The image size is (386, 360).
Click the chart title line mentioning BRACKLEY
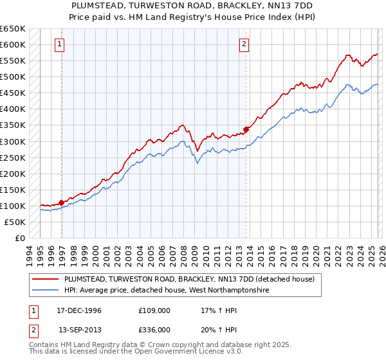click(x=193, y=5)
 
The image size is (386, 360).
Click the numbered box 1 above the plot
click(x=59, y=44)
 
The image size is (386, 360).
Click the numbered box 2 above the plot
click(x=244, y=44)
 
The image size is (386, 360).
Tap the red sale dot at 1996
click(x=62, y=203)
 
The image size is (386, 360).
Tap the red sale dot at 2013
click(x=246, y=129)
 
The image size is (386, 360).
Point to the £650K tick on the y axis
click(x=13, y=29)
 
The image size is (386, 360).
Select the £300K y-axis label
click(x=13, y=141)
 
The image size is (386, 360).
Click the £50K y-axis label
click(x=15, y=222)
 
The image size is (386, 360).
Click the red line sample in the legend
click(x=46, y=279)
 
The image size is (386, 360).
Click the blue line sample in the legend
click(x=46, y=291)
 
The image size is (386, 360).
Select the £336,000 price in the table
click(x=154, y=329)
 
